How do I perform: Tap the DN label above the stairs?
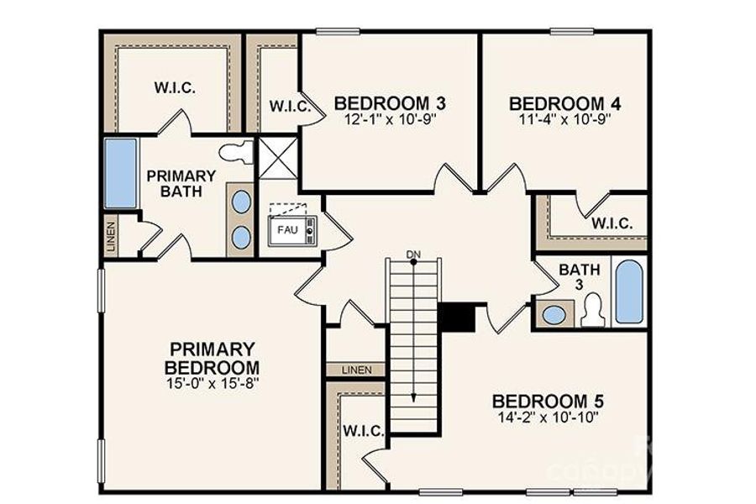(412, 254)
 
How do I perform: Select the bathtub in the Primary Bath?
(121, 173)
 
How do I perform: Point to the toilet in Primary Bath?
(236, 153)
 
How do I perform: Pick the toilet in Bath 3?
(593, 311)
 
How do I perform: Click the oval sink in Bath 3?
(554, 315)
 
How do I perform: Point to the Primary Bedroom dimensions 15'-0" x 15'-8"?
(212, 383)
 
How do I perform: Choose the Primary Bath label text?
(181, 183)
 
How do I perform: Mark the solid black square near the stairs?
(457, 318)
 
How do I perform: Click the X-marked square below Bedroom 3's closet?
(277, 157)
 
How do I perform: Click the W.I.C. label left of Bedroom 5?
(364, 432)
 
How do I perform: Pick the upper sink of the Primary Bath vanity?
(241, 202)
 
